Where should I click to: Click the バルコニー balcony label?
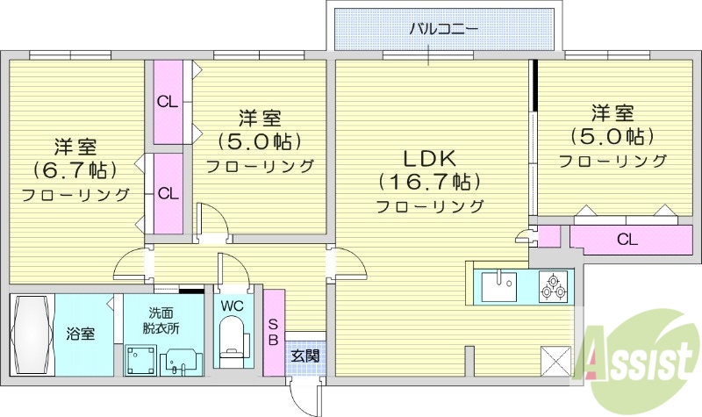pos(443,29)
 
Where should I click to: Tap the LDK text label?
pos(429,159)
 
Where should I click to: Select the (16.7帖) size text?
pos(429,183)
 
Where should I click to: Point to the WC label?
pos(233,306)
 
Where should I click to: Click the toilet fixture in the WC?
pos(233,342)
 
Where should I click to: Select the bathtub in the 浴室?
pos(32,334)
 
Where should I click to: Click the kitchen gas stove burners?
pos(553,285)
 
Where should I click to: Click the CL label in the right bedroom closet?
pos(626,239)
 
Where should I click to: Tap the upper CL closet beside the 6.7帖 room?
pos(168,102)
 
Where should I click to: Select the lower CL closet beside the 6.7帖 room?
pos(168,193)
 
